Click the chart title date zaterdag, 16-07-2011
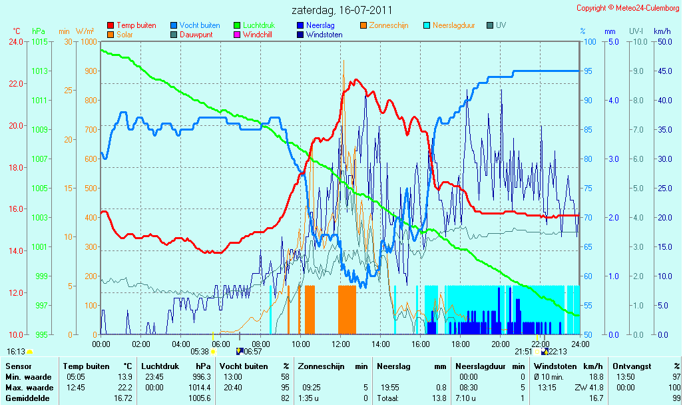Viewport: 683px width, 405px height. click(x=342, y=10)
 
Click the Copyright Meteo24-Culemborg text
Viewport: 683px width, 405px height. click(x=628, y=8)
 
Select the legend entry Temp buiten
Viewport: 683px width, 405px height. click(x=132, y=25)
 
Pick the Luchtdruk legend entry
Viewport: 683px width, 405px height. click(x=254, y=25)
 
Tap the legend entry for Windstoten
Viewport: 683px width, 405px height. click(x=320, y=35)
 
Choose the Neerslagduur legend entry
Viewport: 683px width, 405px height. click(x=449, y=25)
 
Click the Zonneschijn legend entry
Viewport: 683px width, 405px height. click(x=384, y=25)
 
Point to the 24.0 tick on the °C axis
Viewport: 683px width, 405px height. click(x=16, y=42)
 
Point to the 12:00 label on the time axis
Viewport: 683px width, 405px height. click(x=341, y=344)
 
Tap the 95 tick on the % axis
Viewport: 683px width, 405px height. click(x=588, y=71)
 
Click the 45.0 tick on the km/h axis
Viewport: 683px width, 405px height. click(x=665, y=71)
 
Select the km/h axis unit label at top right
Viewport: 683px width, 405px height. click(x=662, y=31)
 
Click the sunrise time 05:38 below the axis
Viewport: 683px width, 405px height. click(x=200, y=352)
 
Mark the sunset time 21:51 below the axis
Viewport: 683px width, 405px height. click(x=524, y=352)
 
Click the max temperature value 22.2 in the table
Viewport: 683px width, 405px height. click(x=125, y=388)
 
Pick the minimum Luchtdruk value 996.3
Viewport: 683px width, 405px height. click(x=202, y=377)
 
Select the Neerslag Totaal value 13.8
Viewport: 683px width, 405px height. click(x=441, y=398)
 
